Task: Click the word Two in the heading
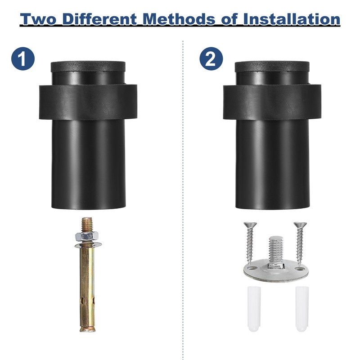click(38, 19)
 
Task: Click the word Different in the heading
click(99, 19)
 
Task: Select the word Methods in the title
click(179, 19)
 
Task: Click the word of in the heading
click(229, 19)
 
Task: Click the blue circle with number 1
click(23, 58)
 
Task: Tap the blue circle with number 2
click(211, 58)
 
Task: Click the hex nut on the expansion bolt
click(87, 236)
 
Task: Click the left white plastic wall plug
click(254, 309)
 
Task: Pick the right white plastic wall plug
click(302, 309)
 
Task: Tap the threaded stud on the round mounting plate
click(276, 252)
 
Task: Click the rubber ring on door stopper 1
click(88, 102)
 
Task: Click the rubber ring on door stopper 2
click(272, 102)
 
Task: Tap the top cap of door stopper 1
click(88, 67)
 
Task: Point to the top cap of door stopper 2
click(272, 67)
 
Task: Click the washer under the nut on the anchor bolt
click(88, 245)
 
